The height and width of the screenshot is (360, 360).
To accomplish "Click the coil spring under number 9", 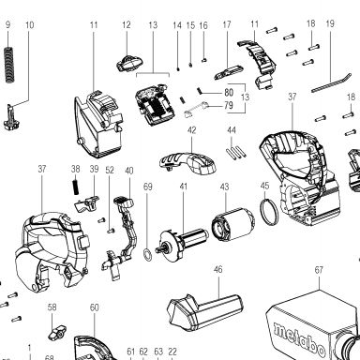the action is click(x=10, y=65).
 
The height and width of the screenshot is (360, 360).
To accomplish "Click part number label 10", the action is click(x=30, y=25).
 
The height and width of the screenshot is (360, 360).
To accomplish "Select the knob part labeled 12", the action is click(x=130, y=62).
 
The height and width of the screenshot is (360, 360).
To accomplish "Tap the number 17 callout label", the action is click(x=227, y=24).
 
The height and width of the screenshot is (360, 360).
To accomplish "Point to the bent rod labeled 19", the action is click(x=332, y=82).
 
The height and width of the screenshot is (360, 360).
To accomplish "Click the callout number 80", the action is click(x=229, y=93).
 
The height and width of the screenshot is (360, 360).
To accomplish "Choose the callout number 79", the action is click(x=229, y=105).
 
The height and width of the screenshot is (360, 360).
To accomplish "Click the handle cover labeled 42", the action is click(x=187, y=162).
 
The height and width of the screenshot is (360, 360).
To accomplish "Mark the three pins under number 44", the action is click(x=235, y=153).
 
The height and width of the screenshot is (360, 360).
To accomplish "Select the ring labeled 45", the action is click(x=269, y=212).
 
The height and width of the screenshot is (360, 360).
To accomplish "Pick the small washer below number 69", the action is click(x=147, y=253).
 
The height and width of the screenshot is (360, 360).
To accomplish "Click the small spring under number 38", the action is click(x=75, y=187).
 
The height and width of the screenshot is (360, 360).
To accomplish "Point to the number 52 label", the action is click(x=110, y=171).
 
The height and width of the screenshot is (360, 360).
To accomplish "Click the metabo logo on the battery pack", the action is click(x=299, y=338).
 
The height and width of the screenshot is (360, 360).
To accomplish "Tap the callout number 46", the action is click(x=218, y=269).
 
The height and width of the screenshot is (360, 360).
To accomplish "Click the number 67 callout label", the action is click(x=319, y=269).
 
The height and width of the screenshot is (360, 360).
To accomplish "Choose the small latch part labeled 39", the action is click(x=86, y=202).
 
